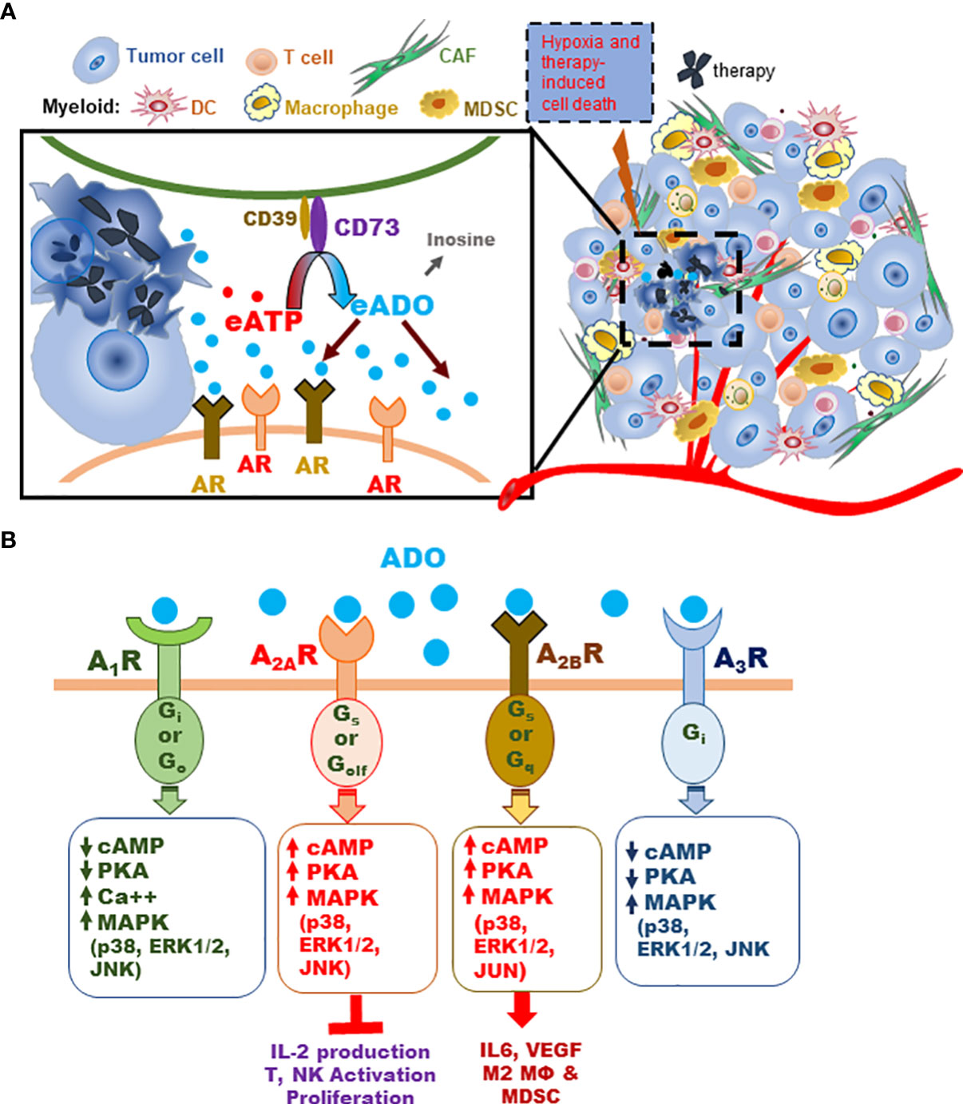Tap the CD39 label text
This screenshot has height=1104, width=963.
270,218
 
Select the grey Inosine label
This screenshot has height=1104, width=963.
461,240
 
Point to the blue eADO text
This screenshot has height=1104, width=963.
392,305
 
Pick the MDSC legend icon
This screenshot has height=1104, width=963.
438,105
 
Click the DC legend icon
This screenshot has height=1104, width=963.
158,105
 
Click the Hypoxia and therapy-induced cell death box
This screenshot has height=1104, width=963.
589,73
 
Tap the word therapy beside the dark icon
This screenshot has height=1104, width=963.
743,70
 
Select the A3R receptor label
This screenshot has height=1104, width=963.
740,659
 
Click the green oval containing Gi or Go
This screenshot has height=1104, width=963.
169,735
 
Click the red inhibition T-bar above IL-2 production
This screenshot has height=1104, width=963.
355,1015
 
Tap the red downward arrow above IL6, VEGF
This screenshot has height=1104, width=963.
522,1009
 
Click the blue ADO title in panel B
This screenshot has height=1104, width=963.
413,558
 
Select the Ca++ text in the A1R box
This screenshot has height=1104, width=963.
127,896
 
